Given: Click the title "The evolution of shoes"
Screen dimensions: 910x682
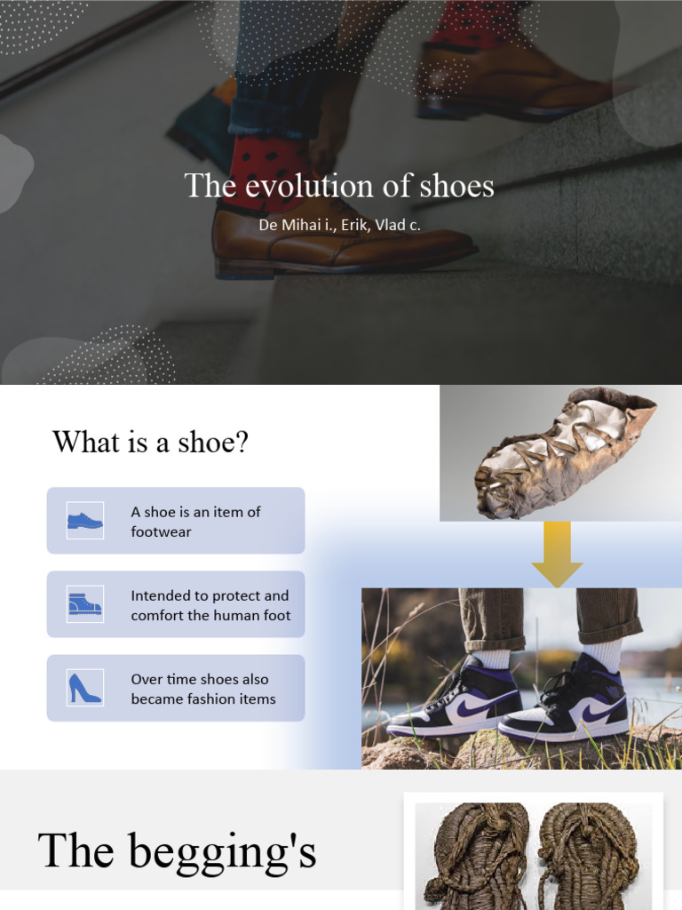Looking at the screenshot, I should (339, 186).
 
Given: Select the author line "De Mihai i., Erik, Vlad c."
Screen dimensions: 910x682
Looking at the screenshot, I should (339, 225).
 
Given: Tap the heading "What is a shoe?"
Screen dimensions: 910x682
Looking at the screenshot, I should (150, 442).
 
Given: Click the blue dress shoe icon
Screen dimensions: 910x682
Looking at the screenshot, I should (85, 521).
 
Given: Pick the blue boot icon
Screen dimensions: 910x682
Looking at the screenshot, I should (85, 604).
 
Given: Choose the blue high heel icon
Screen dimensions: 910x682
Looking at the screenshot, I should (84, 688).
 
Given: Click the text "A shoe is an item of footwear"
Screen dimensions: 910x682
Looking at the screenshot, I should (195, 522).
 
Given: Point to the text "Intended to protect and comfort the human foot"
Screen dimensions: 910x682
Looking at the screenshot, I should (210, 605).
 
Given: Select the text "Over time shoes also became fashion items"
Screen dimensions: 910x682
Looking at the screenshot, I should (202, 689).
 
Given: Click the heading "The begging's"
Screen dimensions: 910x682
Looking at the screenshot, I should (177, 850).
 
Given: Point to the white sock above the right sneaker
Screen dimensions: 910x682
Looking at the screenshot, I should (606, 653).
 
